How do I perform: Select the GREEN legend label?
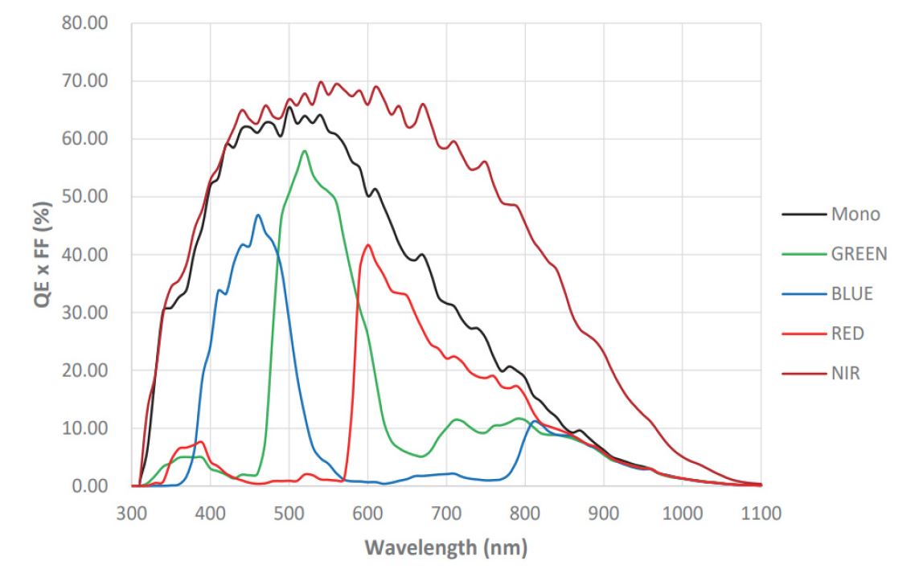point(860,254)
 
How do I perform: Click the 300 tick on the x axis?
point(132,514)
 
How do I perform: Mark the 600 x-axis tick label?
point(367,514)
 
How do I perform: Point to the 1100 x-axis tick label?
point(761,514)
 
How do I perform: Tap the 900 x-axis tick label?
point(604,514)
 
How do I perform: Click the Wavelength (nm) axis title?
point(447,550)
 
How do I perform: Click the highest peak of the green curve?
point(304,151)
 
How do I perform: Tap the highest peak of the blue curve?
point(257,215)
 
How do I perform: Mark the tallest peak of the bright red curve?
point(368,245)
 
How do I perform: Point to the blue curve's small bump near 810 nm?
point(534,421)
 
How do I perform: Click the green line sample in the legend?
point(804,254)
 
